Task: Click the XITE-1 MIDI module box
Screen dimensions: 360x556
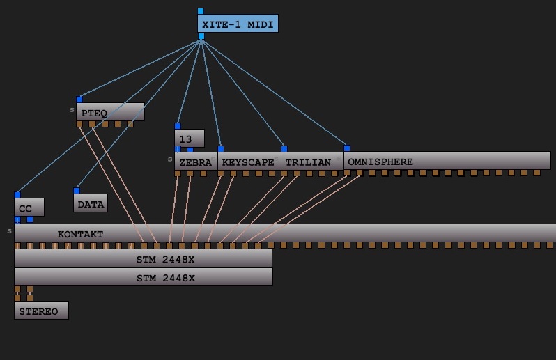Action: click(238, 24)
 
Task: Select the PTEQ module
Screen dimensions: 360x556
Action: click(110, 112)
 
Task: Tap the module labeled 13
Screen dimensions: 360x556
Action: click(189, 139)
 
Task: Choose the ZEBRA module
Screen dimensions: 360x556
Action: click(195, 162)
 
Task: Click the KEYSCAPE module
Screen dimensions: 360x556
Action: click(248, 162)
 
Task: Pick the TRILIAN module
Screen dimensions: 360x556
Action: click(307, 162)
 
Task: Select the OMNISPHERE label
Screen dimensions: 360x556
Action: click(380, 162)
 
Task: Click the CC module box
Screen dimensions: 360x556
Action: click(29, 208)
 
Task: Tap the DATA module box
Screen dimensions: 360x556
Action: click(90, 203)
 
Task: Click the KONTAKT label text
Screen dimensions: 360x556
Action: click(80, 234)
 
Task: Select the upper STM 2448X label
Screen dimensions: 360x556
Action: click(166, 259)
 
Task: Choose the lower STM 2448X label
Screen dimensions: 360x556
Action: click(166, 277)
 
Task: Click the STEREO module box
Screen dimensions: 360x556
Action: click(41, 311)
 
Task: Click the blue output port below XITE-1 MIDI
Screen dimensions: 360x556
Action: click(201, 36)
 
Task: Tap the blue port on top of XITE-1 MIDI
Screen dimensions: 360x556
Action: click(201, 11)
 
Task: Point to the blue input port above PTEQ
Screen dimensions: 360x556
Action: click(79, 100)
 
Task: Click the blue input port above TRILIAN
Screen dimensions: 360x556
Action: click(284, 149)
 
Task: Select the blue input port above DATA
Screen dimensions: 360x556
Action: click(77, 191)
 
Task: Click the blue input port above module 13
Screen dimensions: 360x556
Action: click(178, 126)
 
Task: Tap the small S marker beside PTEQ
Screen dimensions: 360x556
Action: click(71, 110)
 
